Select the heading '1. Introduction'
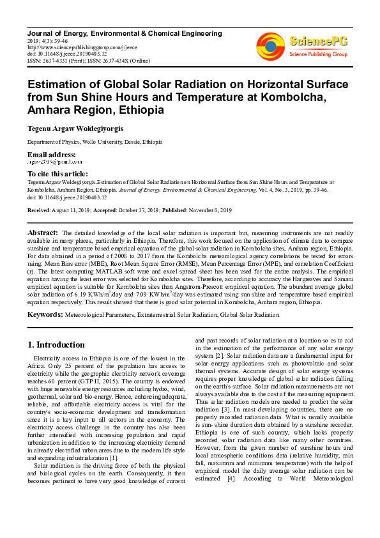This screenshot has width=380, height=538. click(57, 345)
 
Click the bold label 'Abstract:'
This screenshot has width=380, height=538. click(43, 233)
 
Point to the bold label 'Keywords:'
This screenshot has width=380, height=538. click(45, 315)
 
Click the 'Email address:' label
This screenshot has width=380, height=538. click(51, 155)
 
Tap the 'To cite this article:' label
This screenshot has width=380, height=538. click(58, 173)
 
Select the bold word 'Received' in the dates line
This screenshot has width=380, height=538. click(38, 210)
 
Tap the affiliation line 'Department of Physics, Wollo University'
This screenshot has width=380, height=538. click(95, 142)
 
